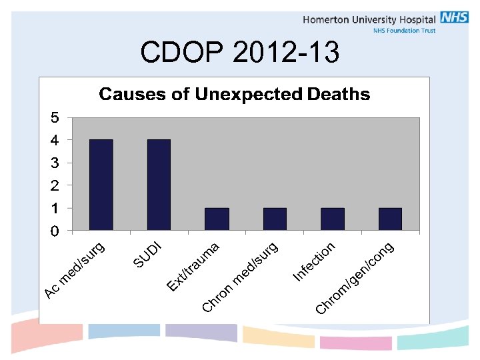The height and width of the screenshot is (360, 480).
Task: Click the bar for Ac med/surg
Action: (x=101, y=185)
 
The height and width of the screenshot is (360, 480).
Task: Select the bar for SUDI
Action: (x=159, y=185)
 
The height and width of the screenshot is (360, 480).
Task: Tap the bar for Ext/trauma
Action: (x=217, y=219)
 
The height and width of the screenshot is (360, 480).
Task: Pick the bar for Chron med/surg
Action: (x=275, y=219)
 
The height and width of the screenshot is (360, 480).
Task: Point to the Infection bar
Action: (x=333, y=219)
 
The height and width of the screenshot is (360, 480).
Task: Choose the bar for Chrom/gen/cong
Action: (x=390, y=219)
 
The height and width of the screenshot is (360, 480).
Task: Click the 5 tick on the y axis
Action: (x=55, y=118)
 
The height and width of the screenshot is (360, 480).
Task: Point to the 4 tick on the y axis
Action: (x=55, y=141)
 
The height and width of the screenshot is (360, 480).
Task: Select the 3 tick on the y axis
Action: (x=55, y=163)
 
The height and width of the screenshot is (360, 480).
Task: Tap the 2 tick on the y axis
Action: (x=55, y=185)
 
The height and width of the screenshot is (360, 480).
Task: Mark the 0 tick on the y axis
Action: (x=55, y=231)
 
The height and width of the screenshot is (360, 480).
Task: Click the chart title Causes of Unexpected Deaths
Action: (x=234, y=95)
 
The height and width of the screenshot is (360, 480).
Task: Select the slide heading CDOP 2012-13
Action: (x=240, y=52)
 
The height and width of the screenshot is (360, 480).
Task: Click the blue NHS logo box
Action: (x=454, y=18)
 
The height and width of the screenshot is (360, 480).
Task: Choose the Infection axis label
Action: (x=314, y=261)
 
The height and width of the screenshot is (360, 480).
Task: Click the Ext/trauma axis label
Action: (x=193, y=267)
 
